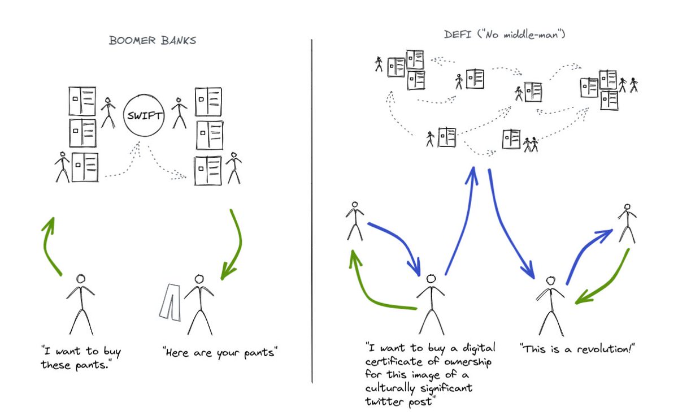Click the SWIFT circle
coord(143,117)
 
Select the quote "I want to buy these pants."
coord(80,358)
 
